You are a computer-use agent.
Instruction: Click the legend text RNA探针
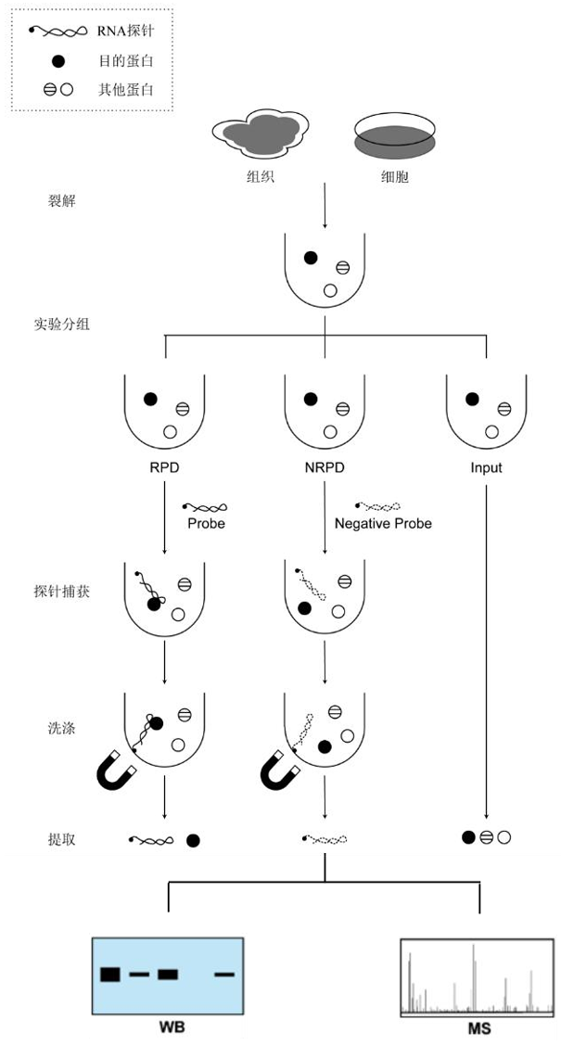point(124,32)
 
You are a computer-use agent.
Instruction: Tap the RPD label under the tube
point(164,467)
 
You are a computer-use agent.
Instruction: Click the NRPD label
point(325,467)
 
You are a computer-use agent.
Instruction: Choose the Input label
point(486,467)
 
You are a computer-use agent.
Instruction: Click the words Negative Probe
point(382,523)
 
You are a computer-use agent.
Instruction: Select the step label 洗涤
point(61,728)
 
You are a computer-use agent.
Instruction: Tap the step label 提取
point(61,839)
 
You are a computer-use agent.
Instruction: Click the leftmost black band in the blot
point(110,974)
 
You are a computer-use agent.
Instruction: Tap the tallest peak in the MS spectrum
point(473,978)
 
